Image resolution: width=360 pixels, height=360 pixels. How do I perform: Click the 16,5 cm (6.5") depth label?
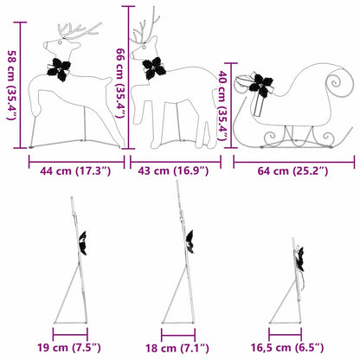coord(292,350)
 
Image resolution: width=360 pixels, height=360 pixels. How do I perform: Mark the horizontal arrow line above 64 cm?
coord(293,161)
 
